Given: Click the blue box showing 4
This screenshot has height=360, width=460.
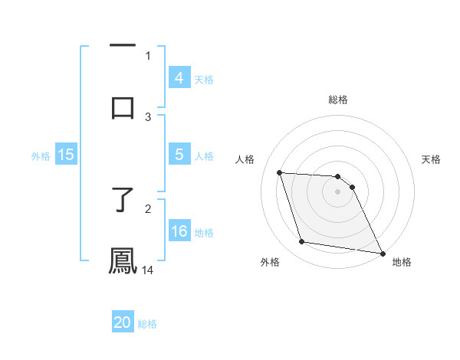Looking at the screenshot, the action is [179, 78].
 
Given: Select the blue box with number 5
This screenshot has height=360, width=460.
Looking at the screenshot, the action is [179, 155].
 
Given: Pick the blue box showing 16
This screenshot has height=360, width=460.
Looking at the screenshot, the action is [179, 231].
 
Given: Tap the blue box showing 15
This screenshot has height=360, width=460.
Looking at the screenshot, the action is [65, 155].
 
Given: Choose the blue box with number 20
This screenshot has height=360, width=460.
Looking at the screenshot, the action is [123, 323].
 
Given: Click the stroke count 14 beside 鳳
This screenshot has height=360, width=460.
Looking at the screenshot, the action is [148, 270].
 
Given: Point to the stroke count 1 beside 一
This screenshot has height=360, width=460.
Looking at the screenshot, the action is [148, 55].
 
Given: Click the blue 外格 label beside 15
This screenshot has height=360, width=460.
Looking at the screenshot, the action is [41, 155].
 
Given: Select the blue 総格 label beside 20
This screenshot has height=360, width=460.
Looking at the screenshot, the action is [147, 324].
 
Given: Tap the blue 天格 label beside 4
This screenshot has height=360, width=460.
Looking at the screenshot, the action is [204, 79].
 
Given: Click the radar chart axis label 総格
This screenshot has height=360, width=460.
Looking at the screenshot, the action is [337, 100].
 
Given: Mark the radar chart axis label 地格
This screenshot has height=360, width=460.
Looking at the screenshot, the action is [402, 262].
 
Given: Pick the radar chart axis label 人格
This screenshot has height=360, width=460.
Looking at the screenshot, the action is [245, 159].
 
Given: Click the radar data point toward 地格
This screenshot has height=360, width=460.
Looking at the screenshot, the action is [381, 253].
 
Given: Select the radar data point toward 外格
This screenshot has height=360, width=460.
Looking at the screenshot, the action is [302, 242].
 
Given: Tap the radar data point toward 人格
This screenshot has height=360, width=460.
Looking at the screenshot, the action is [280, 173].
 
